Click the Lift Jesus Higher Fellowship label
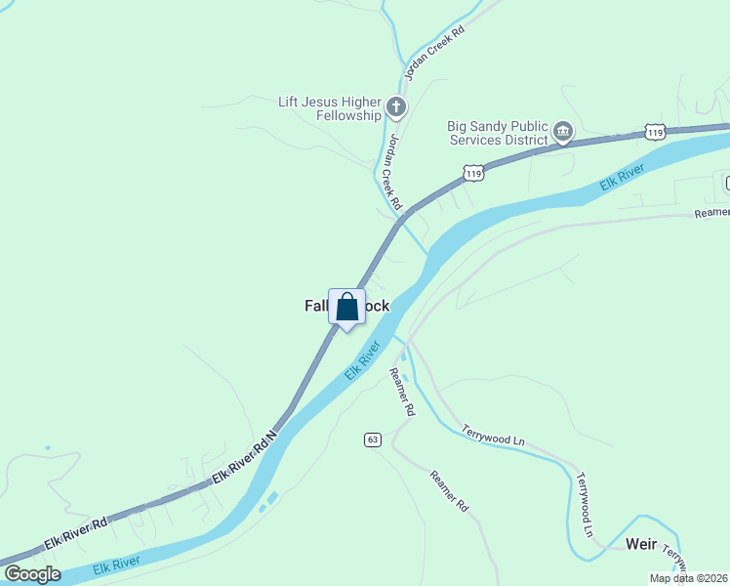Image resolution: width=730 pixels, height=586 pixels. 329,108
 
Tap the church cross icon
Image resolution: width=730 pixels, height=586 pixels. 395,106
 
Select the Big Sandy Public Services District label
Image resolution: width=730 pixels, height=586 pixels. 498,132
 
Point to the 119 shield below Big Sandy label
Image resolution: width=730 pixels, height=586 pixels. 473,172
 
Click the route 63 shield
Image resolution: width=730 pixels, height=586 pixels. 373,439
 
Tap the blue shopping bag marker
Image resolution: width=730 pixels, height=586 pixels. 346,308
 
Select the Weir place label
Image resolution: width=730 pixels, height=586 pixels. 640,543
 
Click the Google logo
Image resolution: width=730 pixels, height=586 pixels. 32,574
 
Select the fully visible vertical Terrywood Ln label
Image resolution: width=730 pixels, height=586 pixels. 585,504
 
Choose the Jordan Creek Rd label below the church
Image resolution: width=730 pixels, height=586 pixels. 390,172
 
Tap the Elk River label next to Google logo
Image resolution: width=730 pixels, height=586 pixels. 116,565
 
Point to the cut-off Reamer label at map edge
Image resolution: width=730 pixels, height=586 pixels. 711,212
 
